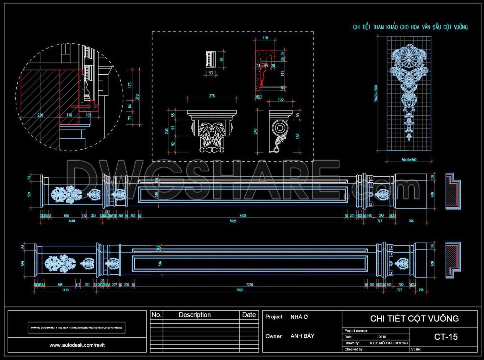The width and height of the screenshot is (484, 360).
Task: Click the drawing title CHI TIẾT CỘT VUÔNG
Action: point(414,318)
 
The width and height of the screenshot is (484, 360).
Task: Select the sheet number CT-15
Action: point(446,337)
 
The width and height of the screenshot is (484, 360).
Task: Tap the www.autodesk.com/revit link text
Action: point(77,345)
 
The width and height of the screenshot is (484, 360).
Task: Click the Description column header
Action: point(194,315)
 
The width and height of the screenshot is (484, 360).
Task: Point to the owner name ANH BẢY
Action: point(302,336)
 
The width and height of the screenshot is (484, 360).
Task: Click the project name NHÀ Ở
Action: point(299,317)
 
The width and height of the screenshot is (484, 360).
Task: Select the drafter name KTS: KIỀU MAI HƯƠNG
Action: point(389,343)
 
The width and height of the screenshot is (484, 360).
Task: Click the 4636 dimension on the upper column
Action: point(243,216)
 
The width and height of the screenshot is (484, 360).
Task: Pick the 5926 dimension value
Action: point(233,221)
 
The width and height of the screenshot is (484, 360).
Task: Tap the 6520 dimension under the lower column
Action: point(240,290)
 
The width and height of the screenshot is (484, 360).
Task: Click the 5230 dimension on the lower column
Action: point(250,285)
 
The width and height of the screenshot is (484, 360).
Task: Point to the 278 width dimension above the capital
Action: point(212,96)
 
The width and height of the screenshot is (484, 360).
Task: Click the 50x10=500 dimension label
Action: point(409,160)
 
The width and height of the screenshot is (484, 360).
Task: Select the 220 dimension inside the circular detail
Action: point(40,115)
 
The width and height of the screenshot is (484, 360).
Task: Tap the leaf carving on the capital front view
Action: point(212,134)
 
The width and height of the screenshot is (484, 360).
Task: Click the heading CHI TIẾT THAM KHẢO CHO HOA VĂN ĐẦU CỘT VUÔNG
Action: point(410,27)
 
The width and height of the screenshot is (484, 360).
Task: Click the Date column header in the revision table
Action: point(249,315)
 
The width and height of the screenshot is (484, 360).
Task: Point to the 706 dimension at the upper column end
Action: point(411,221)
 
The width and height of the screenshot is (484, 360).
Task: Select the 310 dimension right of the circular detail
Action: point(137,97)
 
